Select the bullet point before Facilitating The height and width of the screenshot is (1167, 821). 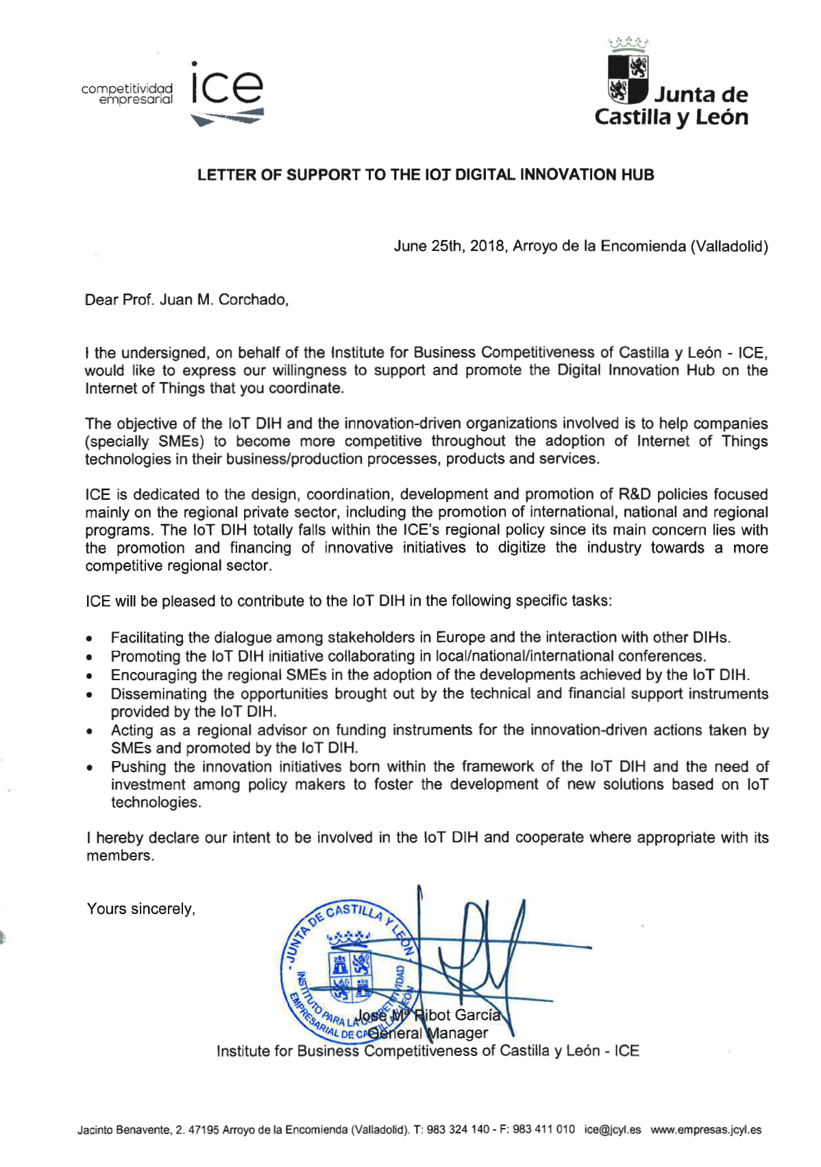[x=90, y=639]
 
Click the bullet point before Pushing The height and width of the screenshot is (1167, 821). [x=90, y=768]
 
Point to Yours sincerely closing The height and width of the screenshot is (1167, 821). [x=141, y=909]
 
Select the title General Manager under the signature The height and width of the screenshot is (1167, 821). [x=430, y=1033]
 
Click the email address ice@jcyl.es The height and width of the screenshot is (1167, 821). [x=612, y=1129]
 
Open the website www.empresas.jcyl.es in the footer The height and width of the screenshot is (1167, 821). [x=705, y=1129]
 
